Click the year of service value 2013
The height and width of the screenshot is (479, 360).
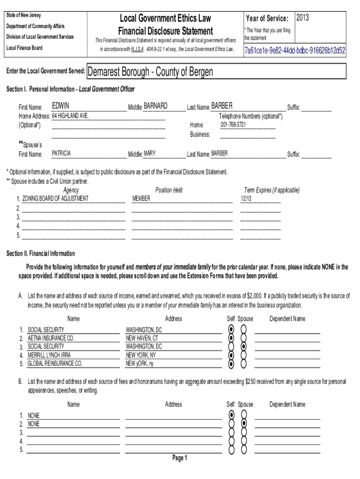[302, 18]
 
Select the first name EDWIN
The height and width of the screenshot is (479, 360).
[61, 106]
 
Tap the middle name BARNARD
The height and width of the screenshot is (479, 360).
[155, 106]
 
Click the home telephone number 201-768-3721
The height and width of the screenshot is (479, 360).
[233, 125]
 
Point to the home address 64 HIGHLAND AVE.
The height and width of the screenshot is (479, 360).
[71, 116]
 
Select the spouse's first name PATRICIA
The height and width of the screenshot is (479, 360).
[62, 153]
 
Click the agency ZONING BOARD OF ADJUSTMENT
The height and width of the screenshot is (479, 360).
[55, 198]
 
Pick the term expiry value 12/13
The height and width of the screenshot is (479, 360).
[246, 199]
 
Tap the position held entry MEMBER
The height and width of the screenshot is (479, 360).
[141, 198]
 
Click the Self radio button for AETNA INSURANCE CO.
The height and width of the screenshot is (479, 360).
[231, 338]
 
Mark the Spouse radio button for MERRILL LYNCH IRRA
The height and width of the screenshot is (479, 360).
[244, 355]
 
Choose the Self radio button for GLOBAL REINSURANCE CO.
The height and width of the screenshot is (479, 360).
[231, 363]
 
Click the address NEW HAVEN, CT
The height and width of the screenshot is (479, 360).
[142, 338]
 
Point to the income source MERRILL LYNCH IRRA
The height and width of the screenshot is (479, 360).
[49, 355]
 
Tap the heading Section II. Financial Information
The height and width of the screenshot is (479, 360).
[41, 254]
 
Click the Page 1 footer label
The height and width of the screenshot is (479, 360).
[180, 458]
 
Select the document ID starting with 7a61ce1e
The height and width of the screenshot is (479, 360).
[295, 50]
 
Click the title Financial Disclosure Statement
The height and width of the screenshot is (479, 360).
[166, 31]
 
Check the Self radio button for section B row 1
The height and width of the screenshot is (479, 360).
[231, 415]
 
